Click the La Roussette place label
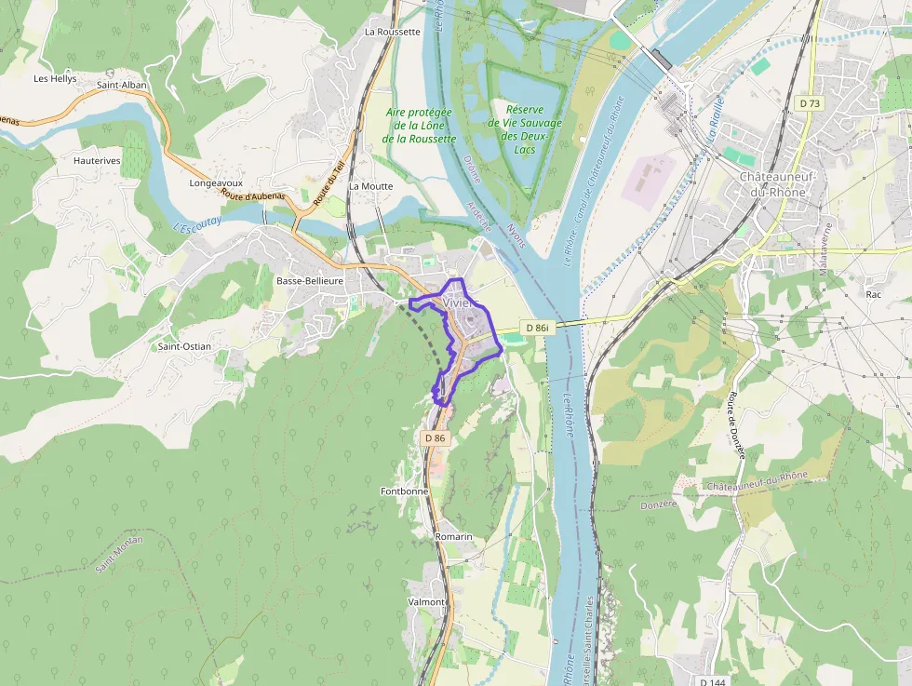(392, 31)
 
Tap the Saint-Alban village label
(122, 85)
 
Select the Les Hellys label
(55, 79)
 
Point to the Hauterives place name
(97, 160)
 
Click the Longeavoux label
(215, 183)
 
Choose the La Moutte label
(370, 186)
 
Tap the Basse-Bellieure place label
(310, 280)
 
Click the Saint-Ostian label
(184, 346)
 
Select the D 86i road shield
(537, 328)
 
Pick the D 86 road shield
(436, 437)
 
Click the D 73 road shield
(810, 103)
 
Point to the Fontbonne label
(404, 491)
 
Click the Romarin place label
(454, 537)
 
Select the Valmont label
(426, 602)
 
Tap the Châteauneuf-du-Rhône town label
(771, 184)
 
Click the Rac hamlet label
(873, 294)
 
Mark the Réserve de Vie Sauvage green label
(525, 129)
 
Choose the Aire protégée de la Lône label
(421, 125)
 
